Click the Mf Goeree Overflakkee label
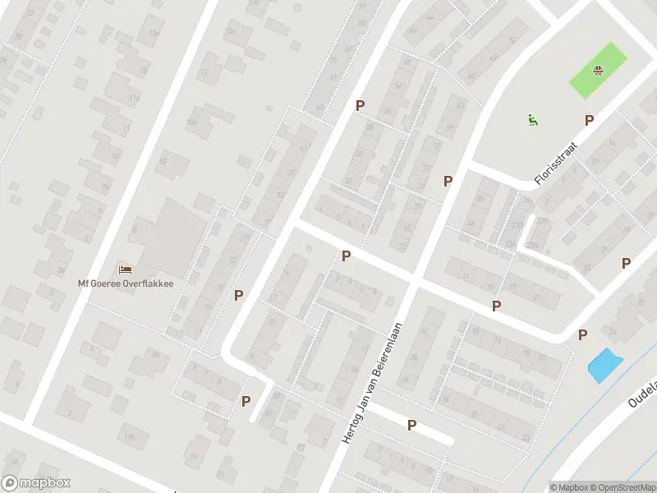(x=131, y=283)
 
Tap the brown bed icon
(x=125, y=269)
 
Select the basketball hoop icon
(x=600, y=69)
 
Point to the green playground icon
(x=533, y=119)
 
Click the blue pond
(x=604, y=364)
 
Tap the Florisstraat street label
(x=556, y=164)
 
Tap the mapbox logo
(x=35, y=483)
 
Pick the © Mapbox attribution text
(x=569, y=487)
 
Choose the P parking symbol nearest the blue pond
(x=582, y=334)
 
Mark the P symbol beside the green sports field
(x=589, y=121)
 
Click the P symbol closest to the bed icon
(x=239, y=295)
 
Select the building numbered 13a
(x=154, y=33)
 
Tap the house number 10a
(x=192, y=122)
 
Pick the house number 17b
(x=130, y=436)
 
